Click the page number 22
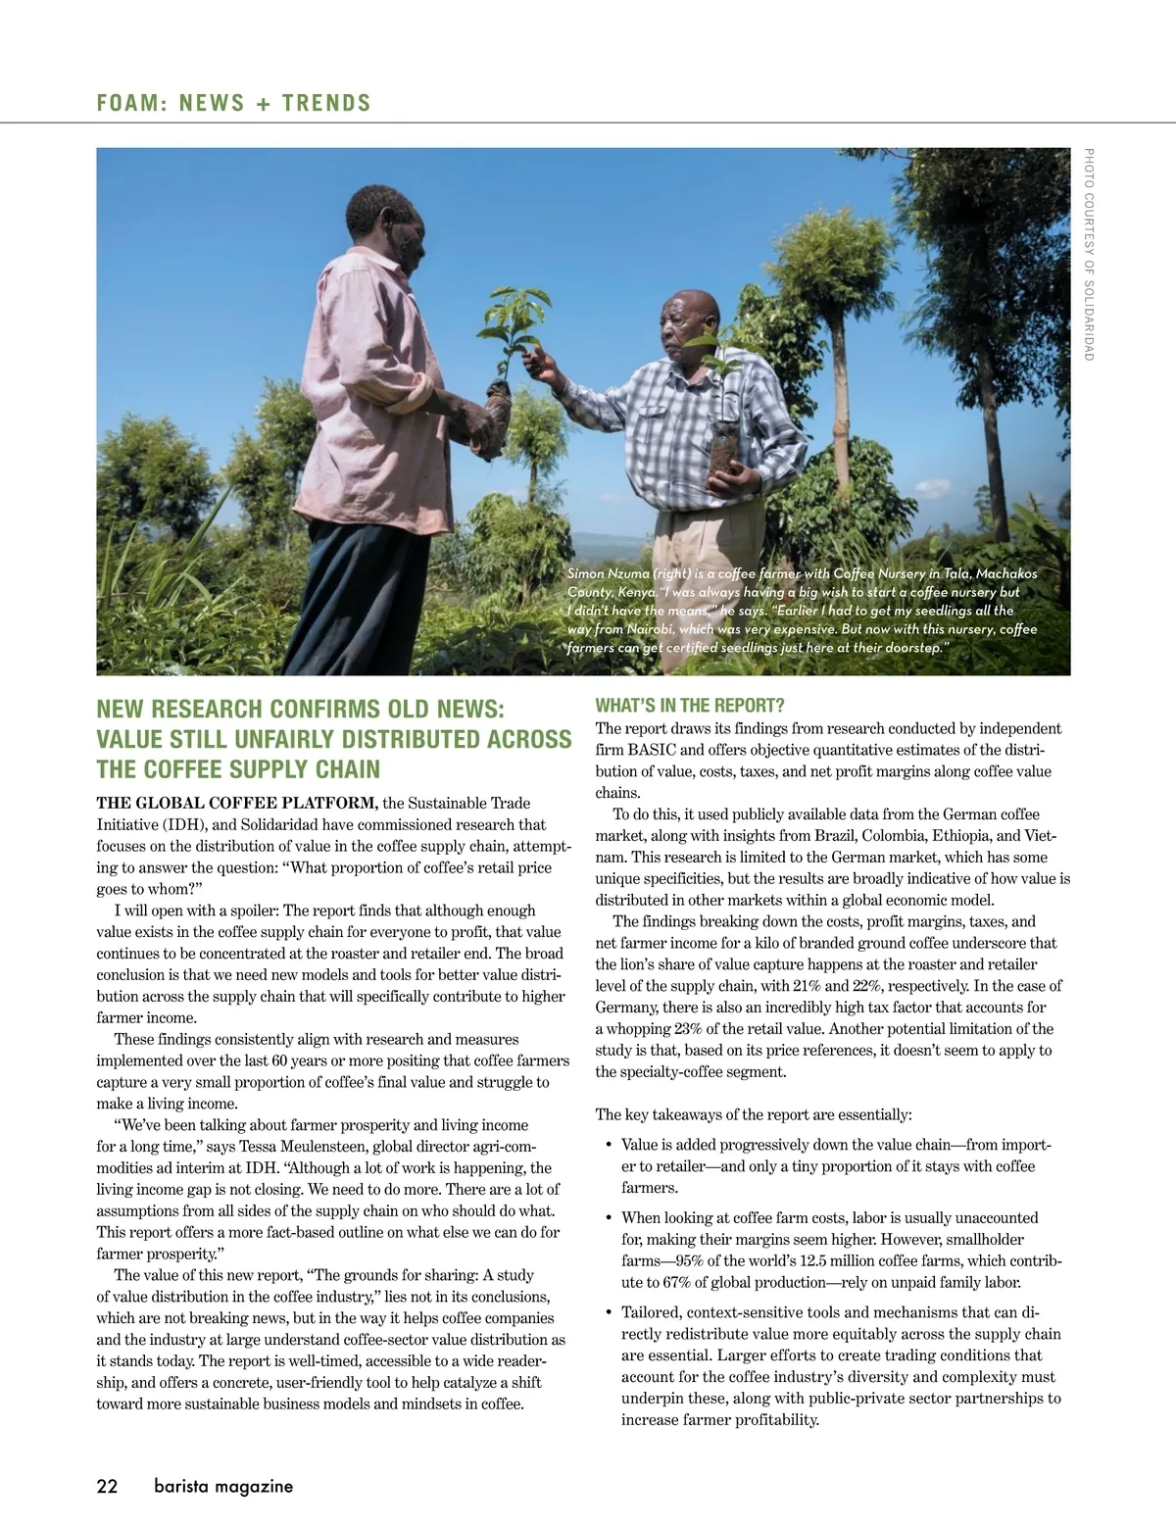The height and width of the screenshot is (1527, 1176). click(x=107, y=1486)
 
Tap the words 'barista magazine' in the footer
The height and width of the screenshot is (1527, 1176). click(x=223, y=1486)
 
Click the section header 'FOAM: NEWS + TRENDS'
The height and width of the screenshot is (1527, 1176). click(x=234, y=103)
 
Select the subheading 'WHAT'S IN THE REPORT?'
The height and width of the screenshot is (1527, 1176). click(x=690, y=706)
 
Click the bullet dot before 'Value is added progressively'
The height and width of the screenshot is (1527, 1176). click(x=609, y=1145)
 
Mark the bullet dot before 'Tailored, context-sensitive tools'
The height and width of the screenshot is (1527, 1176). click(x=609, y=1312)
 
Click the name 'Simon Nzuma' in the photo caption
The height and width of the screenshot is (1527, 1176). click(x=608, y=573)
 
